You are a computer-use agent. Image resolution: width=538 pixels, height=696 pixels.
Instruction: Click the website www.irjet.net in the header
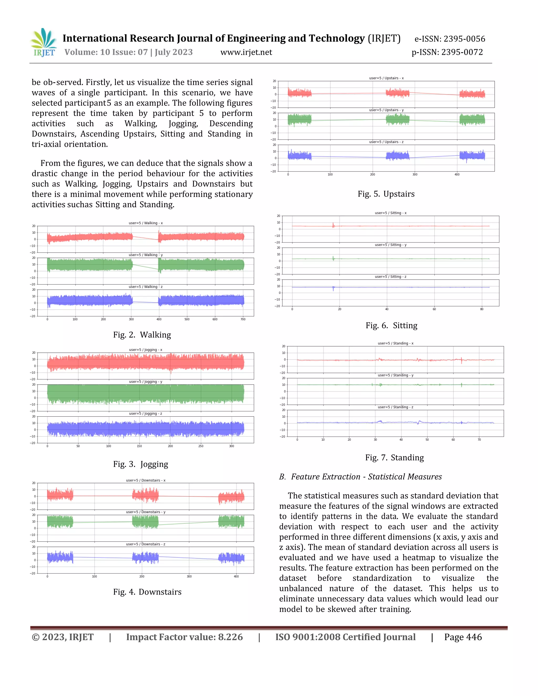[x=246, y=52]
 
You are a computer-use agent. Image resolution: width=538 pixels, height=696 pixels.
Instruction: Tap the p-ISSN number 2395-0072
[x=462, y=52]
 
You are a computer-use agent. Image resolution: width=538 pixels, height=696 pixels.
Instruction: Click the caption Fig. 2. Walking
[x=142, y=335]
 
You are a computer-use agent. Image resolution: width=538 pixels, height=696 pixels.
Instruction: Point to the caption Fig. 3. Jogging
[x=141, y=464]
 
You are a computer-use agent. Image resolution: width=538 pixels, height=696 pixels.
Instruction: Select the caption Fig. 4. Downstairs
[x=147, y=592]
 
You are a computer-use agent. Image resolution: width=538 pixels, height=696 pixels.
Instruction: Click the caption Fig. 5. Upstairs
[x=386, y=194]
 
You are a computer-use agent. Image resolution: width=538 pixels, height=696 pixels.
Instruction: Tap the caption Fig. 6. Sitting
[x=391, y=325]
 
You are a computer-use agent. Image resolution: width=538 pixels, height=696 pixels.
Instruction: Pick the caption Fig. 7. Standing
[x=394, y=457]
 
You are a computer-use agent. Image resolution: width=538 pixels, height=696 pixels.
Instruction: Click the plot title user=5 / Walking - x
[x=146, y=223]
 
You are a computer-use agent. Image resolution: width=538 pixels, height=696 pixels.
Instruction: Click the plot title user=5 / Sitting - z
[x=390, y=277]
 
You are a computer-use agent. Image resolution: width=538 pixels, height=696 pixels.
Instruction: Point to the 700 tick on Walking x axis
[x=243, y=319]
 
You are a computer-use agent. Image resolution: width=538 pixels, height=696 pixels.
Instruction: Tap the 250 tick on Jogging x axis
[x=201, y=446]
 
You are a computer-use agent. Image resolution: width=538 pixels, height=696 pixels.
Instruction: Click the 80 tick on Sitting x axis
[x=482, y=309]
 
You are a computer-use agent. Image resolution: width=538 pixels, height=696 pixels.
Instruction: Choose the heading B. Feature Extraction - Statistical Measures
[x=360, y=477]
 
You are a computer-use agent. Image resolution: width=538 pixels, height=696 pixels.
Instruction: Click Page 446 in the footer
[x=463, y=637]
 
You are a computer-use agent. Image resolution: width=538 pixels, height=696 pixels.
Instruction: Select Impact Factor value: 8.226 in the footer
[x=184, y=637]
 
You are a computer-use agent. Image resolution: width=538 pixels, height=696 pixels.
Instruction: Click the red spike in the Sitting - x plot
[x=333, y=225]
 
